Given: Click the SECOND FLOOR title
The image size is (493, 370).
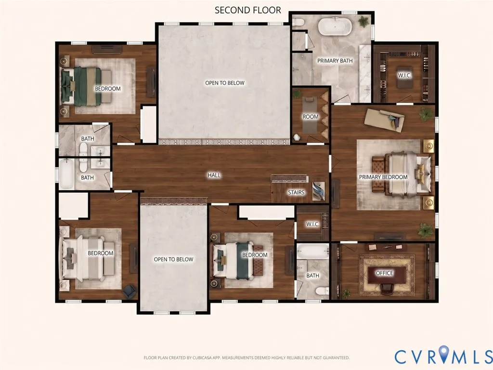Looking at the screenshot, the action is pyautogui.click(x=248, y=10).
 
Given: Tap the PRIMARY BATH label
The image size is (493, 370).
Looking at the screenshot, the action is pyautogui.click(x=335, y=61).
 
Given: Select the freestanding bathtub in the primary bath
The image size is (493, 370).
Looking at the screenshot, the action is pyautogui.click(x=334, y=26).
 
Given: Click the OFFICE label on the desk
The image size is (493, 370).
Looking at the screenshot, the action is pyautogui.click(x=385, y=273).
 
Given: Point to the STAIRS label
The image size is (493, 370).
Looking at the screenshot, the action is pyautogui.click(x=296, y=192).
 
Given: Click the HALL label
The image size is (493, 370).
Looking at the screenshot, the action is pyautogui.click(x=214, y=175).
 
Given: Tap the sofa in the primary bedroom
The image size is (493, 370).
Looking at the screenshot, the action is pyautogui.click(x=384, y=119).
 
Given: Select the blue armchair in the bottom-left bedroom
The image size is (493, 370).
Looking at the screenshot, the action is pyautogui.click(x=129, y=291).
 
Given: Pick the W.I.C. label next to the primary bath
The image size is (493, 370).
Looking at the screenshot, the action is pyautogui.click(x=404, y=76).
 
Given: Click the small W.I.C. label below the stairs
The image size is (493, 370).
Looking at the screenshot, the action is pyautogui.click(x=312, y=225).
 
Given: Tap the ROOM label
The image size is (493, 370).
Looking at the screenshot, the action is pyautogui.click(x=311, y=117).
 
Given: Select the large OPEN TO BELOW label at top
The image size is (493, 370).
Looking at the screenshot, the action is pyautogui.click(x=224, y=83).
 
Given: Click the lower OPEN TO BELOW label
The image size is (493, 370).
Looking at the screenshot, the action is pyautogui.click(x=173, y=259).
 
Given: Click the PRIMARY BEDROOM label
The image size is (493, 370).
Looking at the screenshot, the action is pyautogui.click(x=383, y=177).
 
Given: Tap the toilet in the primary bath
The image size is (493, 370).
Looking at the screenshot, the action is pyautogui.click(x=298, y=22).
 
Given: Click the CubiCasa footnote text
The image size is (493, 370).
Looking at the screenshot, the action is pyautogui.click(x=246, y=358).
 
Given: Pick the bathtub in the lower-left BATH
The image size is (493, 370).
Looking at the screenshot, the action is pyautogui.click(x=66, y=173).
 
